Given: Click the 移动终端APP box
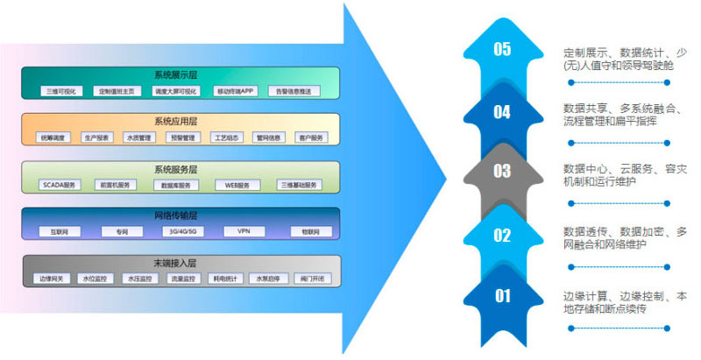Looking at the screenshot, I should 236,91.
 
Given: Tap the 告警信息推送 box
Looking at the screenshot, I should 293,91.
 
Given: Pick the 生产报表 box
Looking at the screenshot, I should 96,138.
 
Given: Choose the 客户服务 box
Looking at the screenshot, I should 310,138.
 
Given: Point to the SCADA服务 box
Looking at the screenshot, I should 61,185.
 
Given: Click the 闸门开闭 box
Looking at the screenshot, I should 310,279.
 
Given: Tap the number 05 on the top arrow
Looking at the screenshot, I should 501,49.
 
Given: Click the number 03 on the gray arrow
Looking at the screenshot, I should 501,172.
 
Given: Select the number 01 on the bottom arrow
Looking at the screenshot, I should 501,296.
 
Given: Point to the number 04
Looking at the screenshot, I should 501,111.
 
